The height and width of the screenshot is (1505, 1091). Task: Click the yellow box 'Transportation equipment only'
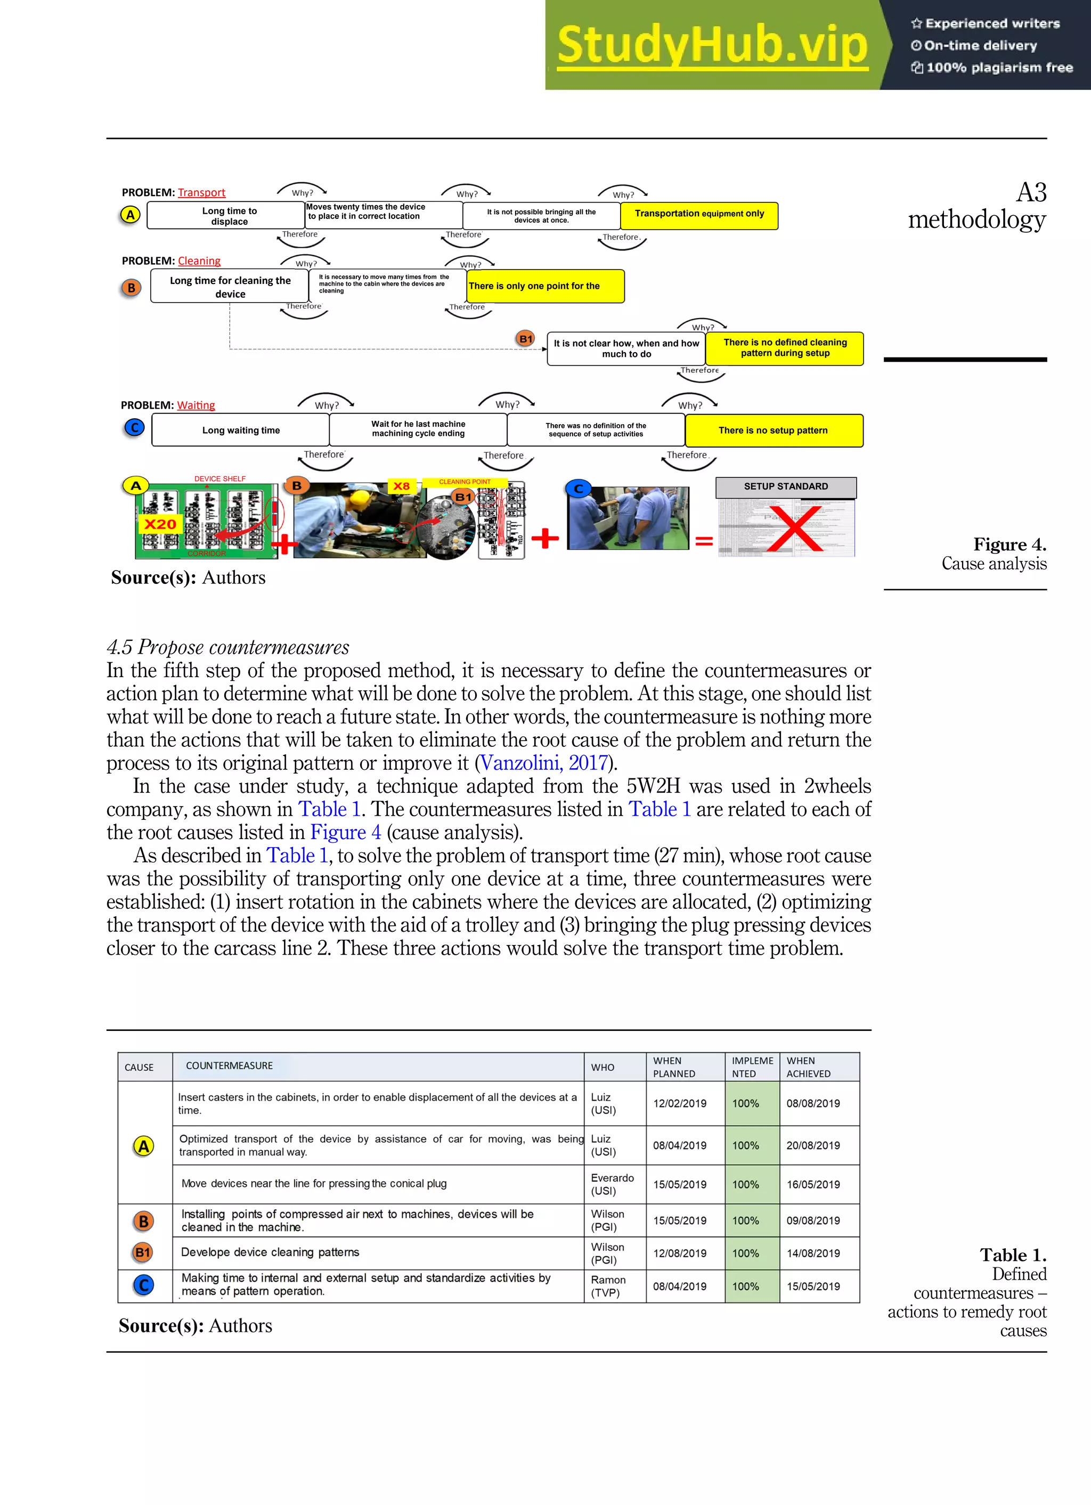[699, 214]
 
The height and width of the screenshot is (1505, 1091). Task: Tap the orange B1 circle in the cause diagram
[526, 339]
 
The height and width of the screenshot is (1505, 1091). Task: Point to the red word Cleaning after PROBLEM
[199, 261]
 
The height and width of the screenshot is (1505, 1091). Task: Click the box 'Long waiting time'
[240, 430]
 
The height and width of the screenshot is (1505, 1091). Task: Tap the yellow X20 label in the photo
[160, 524]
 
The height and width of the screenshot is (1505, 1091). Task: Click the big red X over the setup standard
[795, 529]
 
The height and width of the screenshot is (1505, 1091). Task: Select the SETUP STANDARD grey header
[786, 486]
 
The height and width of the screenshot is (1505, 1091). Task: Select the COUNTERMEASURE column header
[229, 1065]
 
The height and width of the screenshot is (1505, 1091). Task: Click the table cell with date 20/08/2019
[813, 1145]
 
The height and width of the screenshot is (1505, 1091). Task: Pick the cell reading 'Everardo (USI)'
[612, 1184]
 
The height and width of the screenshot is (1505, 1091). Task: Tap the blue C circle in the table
[143, 1286]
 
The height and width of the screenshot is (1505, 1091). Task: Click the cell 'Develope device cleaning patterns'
[270, 1252]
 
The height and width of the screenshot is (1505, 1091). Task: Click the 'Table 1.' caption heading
[1013, 1255]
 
